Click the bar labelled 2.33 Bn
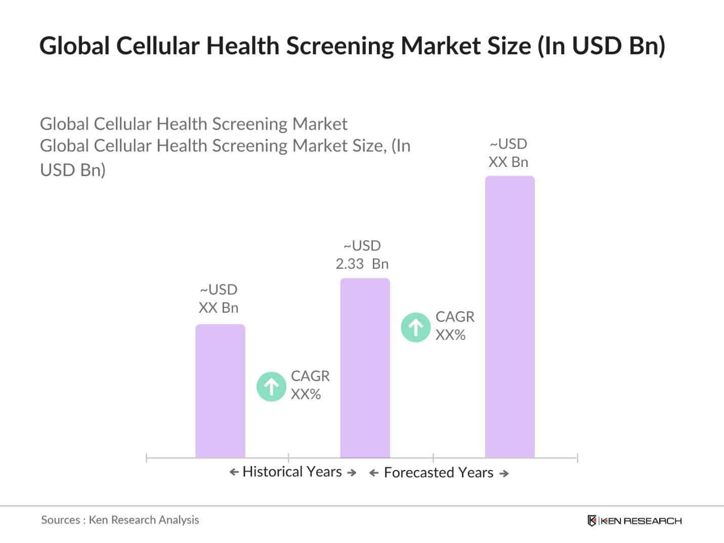[x=365, y=368]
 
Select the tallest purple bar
[x=509, y=317]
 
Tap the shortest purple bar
[x=220, y=391]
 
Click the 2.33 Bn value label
[x=362, y=264]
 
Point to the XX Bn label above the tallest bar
[x=508, y=162]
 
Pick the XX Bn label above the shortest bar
[x=219, y=308]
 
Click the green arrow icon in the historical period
[x=272, y=387]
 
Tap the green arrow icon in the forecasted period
[x=416, y=327]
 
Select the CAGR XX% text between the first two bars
[x=310, y=385]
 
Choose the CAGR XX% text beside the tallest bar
[x=454, y=325]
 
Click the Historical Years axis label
[x=292, y=472]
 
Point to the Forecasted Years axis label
[x=439, y=473]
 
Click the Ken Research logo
[x=634, y=521]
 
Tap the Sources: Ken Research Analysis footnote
[x=120, y=520]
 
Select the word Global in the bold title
[x=74, y=46]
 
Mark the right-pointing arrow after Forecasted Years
[x=504, y=474]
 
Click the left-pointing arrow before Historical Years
[x=234, y=472]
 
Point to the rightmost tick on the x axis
[x=577, y=458]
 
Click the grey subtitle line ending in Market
[x=194, y=124]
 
